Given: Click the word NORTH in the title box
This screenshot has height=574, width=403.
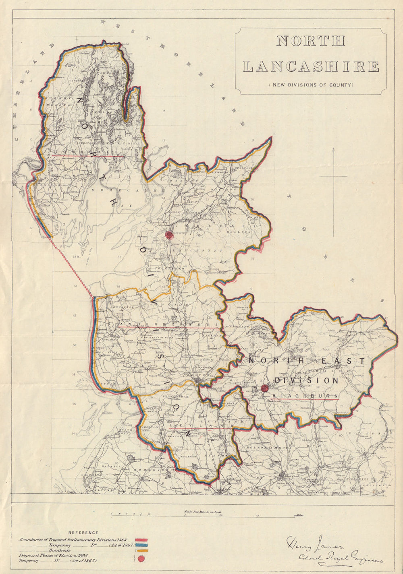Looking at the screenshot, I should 311,41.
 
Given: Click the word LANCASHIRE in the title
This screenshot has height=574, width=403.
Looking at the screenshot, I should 311,66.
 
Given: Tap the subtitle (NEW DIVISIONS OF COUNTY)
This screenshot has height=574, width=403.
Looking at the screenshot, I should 311,85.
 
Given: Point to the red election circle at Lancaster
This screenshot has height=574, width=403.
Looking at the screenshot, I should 169,235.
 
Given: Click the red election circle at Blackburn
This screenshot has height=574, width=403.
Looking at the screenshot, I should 265,388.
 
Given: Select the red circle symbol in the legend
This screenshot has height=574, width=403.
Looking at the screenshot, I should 141,558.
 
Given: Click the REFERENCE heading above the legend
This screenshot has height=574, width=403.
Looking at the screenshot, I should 83,533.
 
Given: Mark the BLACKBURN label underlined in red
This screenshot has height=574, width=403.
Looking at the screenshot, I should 305,396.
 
